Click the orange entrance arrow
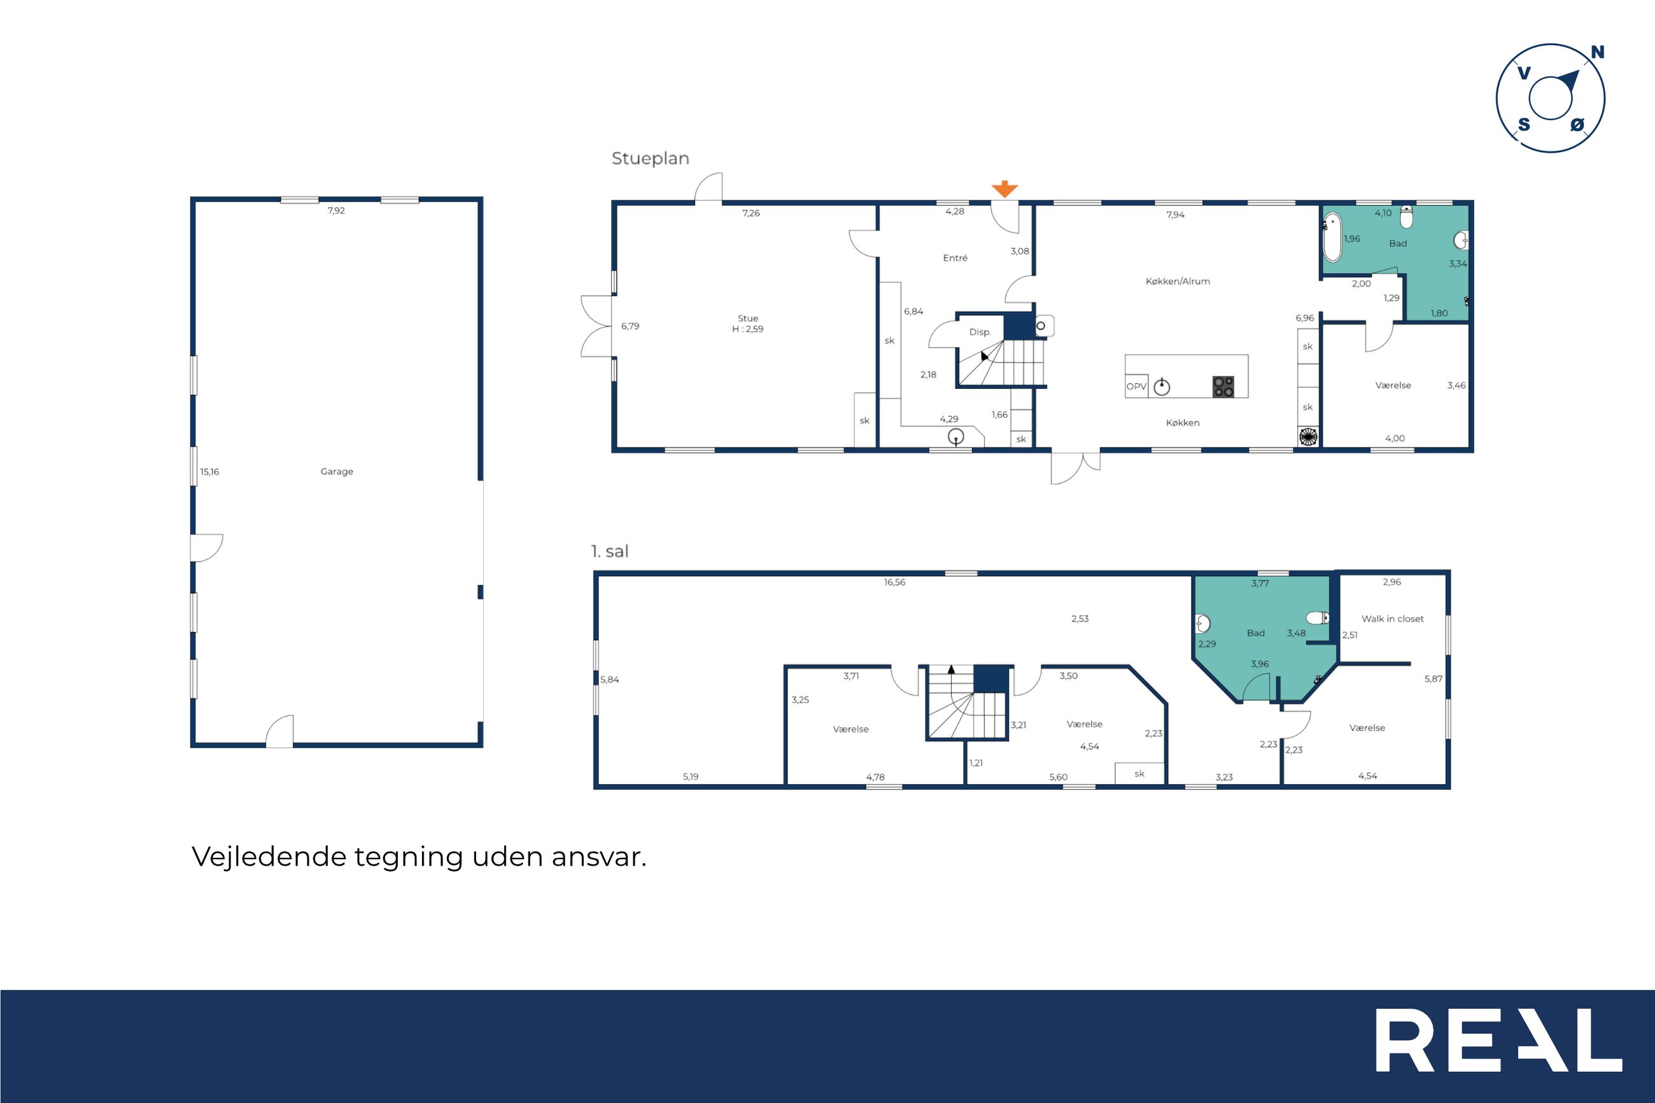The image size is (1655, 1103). (x=1004, y=188)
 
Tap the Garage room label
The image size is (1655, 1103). (x=337, y=472)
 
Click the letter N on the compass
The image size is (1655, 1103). (x=1597, y=52)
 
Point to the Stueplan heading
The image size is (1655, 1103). (x=651, y=159)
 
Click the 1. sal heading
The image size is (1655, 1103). (x=610, y=551)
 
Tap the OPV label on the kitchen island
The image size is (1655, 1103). (x=1136, y=386)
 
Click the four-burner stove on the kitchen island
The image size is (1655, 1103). (x=1223, y=386)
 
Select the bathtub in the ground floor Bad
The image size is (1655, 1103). (x=1332, y=237)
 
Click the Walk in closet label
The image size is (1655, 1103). (x=1392, y=619)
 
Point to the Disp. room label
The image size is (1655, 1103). (x=980, y=332)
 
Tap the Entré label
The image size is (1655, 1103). (x=955, y=258)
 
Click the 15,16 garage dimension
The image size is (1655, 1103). (x=209, y=472)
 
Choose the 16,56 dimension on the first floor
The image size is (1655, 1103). (x=895, y=582)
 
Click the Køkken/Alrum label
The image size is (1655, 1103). (x=1178, y=281)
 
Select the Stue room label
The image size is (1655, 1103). (x=748, y=319)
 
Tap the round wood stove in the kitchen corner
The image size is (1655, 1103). (x=1307, y=437)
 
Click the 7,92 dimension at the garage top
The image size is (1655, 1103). (x=336, y=210)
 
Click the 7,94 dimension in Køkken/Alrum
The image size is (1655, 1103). (x=1175, y=214)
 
